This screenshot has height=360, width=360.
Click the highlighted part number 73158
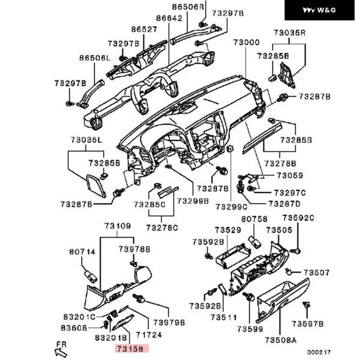coord(130,349)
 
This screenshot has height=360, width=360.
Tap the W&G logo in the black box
coord(319,10)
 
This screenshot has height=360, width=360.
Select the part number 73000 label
coord(247,42)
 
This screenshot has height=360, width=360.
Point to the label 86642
coord(169,18)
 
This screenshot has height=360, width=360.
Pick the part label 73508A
coord(280,340)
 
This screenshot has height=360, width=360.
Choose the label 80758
coord(254,219)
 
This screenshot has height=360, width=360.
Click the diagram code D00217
coord(319,352)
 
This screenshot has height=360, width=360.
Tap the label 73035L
coord(86,140)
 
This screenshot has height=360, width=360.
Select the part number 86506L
coord(95,58)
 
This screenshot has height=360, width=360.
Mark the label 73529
coord(228,230)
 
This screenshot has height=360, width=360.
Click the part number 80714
coord(82,252)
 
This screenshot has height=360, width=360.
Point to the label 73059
coord(290,175)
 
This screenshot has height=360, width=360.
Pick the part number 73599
coord(250,329)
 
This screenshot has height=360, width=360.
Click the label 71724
coord(149,335)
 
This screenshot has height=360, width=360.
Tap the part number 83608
coord(74,328)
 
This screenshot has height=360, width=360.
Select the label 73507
coord(317,272)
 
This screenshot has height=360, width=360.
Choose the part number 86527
coord(144,29)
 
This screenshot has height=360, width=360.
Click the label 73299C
coord(231,207)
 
